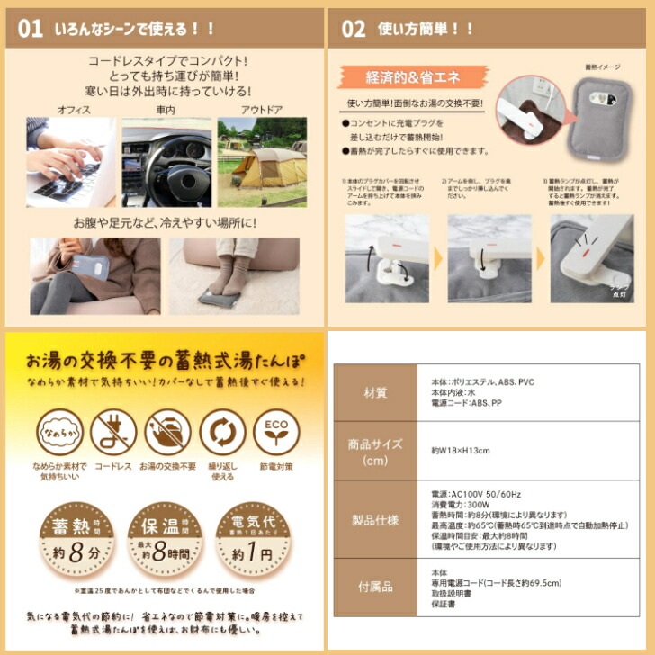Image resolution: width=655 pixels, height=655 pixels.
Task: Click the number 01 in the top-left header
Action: (x=30, y=29)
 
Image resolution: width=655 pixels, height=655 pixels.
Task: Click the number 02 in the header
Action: (x=354, y=29)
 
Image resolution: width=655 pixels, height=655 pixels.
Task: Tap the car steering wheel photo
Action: (x=166, y=162)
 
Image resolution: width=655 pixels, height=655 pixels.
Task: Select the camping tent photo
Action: (x=261, y=162)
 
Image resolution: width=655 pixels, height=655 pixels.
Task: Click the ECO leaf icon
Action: (x=275, y=433)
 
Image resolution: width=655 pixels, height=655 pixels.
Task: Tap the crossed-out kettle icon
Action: (x=168, y=433)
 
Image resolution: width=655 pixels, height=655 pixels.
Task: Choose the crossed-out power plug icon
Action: (x=114, y=433)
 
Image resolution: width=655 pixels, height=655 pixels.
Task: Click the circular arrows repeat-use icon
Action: (x=222, y=433)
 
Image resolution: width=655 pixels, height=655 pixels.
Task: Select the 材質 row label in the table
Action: (x=374, y=392)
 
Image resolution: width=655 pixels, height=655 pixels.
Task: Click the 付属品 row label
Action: (x=374, y=587)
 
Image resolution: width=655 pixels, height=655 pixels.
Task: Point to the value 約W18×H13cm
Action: (x=461, y=450)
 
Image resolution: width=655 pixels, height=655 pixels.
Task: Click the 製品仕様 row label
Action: (x=374, y=520)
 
